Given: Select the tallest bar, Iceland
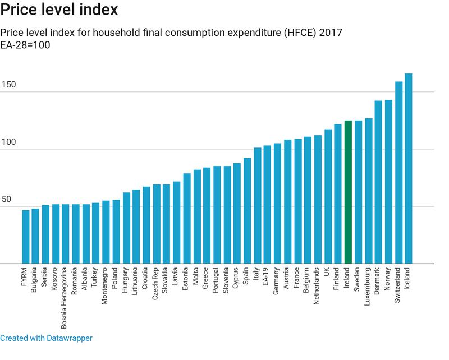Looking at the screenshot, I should [x=409, y=168].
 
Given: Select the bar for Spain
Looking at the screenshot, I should [x=247, y=210].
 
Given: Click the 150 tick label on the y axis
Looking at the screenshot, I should [x=8, y=85].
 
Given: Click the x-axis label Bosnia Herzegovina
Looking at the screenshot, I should [x=66, y=297].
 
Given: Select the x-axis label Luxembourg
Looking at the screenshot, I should [x=368, y=289].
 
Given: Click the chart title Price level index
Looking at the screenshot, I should [x=59, y=10].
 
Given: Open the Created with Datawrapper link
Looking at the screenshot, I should [x=46, y=338].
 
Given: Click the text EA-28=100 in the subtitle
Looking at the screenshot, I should [x=25, y=45].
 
